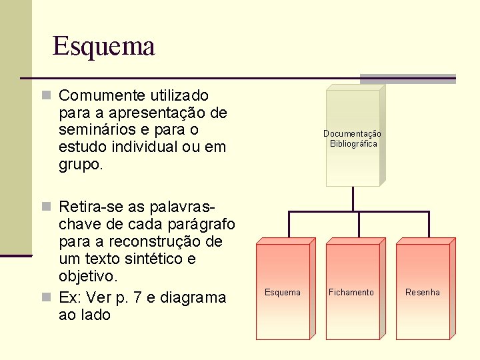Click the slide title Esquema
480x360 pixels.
pyautogui.click(x=103, y=47)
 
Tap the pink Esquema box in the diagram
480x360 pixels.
pyautogui.click(x=283, y=291)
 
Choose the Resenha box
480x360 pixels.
pyautogui.click(x=423, y=291)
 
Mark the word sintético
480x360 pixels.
pyautogui.click(x=157, y=258)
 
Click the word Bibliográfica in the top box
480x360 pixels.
pyautogui.click(x=353, y=144)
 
